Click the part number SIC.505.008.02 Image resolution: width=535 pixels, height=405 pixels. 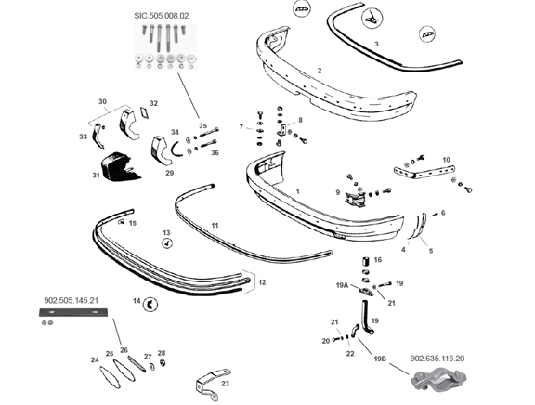point(161,16)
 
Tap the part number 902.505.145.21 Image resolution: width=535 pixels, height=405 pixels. point(71,300)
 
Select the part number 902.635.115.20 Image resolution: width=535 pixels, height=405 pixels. point(437,359)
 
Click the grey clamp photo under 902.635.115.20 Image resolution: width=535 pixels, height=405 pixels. point(439,379)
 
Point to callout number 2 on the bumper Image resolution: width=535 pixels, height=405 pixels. point(320,71)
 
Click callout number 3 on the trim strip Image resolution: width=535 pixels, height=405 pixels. point(376,44)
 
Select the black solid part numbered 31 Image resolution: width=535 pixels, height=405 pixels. point(120,166)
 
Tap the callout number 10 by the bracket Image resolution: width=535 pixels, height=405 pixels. point(446,160)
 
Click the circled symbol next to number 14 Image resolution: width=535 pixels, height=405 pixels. point(150,304)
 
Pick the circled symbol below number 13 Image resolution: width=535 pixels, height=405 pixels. point(167,243)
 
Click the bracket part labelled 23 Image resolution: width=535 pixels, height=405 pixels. point(212,384)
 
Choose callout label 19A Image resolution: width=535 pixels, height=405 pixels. point(342,285)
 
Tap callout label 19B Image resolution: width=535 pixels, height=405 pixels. point(380,359)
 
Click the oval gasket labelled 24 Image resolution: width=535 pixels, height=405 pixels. point(111,377)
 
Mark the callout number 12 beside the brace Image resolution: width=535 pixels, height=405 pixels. point(262,282)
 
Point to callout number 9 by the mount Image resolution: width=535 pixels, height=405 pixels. point(338,192)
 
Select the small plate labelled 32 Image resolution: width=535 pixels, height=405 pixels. point(144,111)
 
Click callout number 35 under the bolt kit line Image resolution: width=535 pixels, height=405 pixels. point(203,125)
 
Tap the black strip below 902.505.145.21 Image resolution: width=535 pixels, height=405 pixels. point(73,312)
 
